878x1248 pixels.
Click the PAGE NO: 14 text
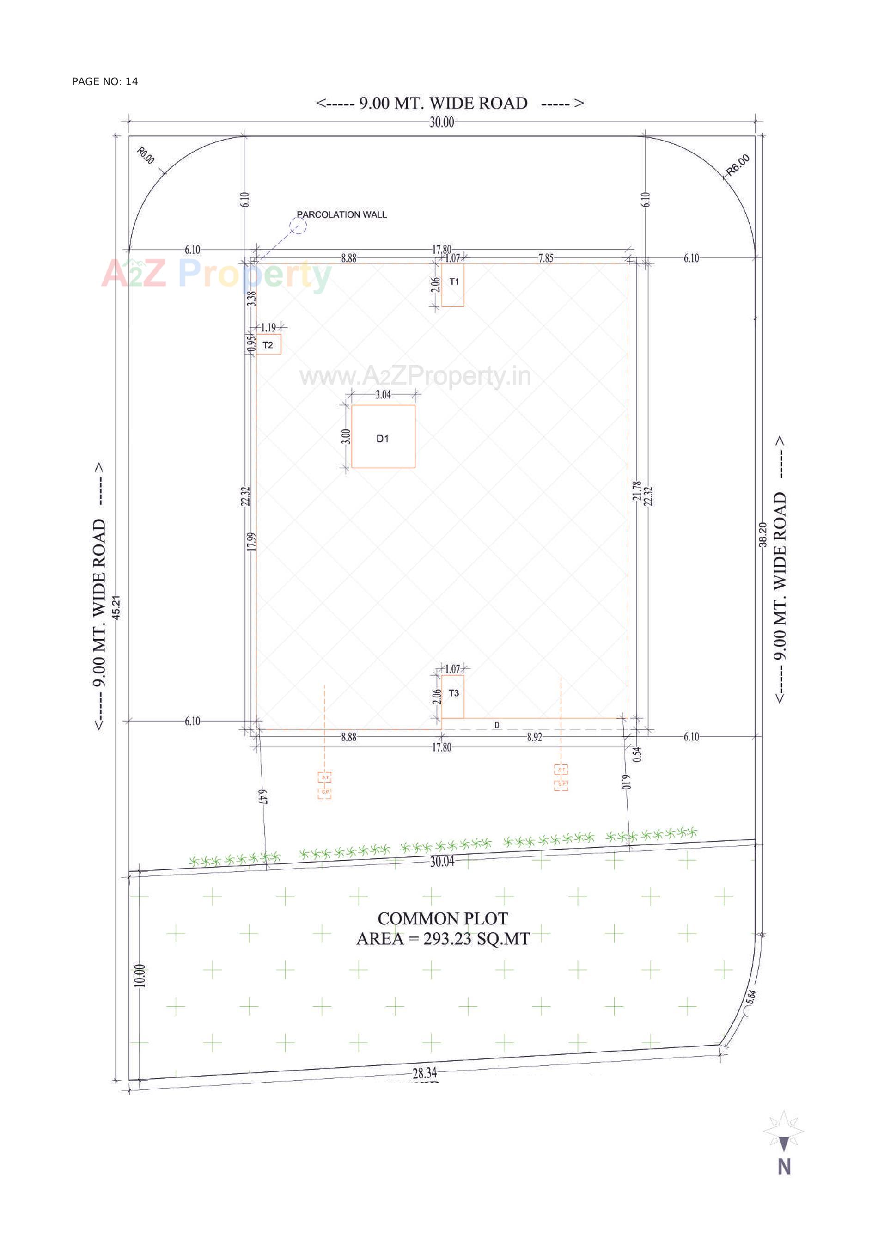pyautogui.click(x=105, y=81)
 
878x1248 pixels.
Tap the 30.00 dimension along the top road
pyautogui.click(x=441, y=122)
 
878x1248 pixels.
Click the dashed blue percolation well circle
pyautogui.click(x=298, y=225)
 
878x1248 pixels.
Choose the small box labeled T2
pyautogui.click(x=268, y=345)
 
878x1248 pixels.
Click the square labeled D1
pyautogui.click(x=383, y=436)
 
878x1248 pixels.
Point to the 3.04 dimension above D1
pyautogui.click(x=383, y=395)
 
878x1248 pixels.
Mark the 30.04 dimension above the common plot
pyautogui.click(x=442, y=862)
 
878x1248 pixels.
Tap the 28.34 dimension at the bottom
pyautogui.click(x=424, y=1073)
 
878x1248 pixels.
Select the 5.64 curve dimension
pyautogui.click(x=751, y=997)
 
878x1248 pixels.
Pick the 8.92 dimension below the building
pyautogui.click(x=534, y=737)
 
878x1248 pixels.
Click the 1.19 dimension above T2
pyautogui.click(x=268, y=328)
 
